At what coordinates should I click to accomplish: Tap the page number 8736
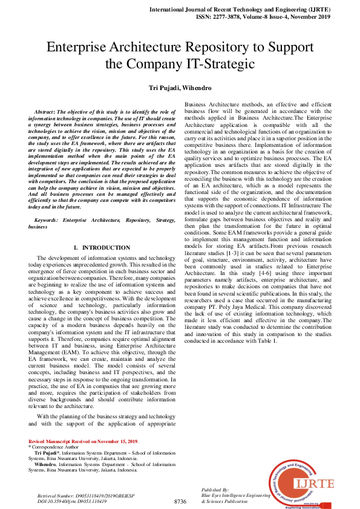click(180, 501)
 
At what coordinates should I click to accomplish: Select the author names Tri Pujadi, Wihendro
click(180, 88)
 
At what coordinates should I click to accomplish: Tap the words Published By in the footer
click(215, 489)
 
